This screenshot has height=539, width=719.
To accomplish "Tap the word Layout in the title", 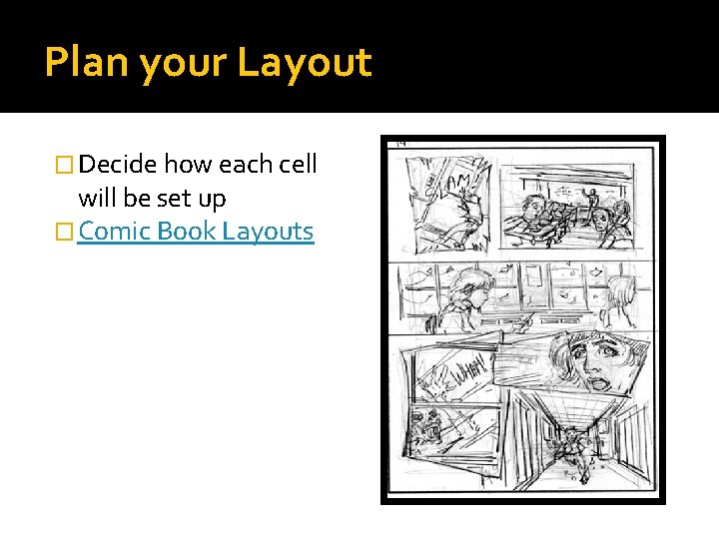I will coord(304,63).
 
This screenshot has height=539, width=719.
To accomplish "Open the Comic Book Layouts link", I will coord(196,232).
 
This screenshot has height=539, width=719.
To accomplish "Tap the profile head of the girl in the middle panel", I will coord(470,288).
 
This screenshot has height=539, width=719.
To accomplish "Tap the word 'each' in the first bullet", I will coord(240,164).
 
